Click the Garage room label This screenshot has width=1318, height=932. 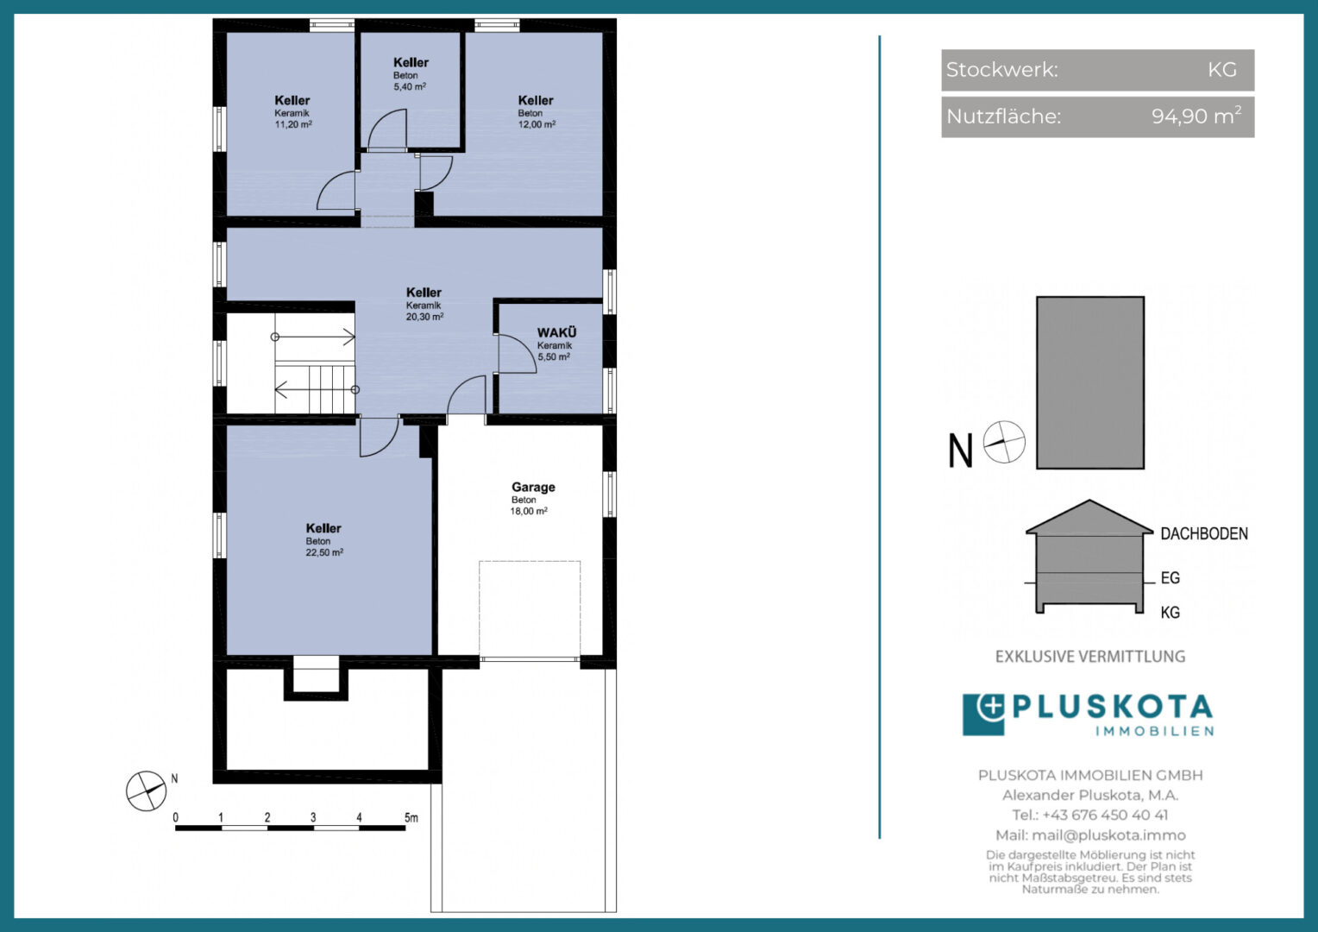533,487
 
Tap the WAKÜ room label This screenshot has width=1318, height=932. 556,332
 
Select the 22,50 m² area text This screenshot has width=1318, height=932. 324,552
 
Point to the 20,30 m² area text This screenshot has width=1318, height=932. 424,317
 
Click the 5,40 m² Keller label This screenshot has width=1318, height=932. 411,62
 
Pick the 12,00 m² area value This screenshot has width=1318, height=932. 537,124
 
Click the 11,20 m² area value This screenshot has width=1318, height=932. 293,124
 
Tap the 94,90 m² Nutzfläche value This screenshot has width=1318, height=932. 1196,116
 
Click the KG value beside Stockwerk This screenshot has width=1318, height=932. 1222,70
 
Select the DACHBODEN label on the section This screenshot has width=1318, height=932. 1204,533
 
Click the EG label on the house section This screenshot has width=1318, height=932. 1171,577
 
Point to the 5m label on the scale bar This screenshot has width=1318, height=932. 411,817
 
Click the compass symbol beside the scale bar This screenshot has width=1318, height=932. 147,790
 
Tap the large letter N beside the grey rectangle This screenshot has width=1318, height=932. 960,450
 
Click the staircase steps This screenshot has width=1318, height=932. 315,389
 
